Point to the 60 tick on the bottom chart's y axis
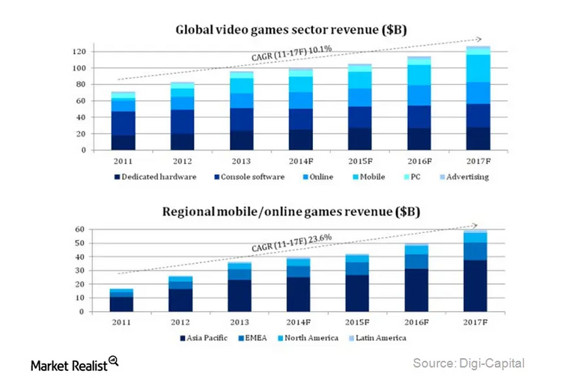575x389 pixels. coord(80,229)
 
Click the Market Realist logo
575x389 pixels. coord(74,364)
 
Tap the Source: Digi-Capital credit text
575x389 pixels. coord(469,364)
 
